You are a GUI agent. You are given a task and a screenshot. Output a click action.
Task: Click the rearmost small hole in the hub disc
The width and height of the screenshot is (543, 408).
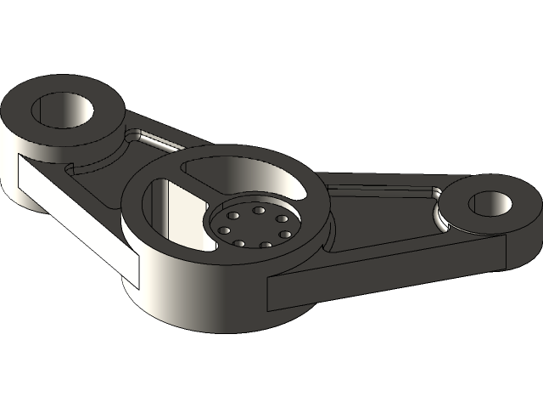pos(257,210)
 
